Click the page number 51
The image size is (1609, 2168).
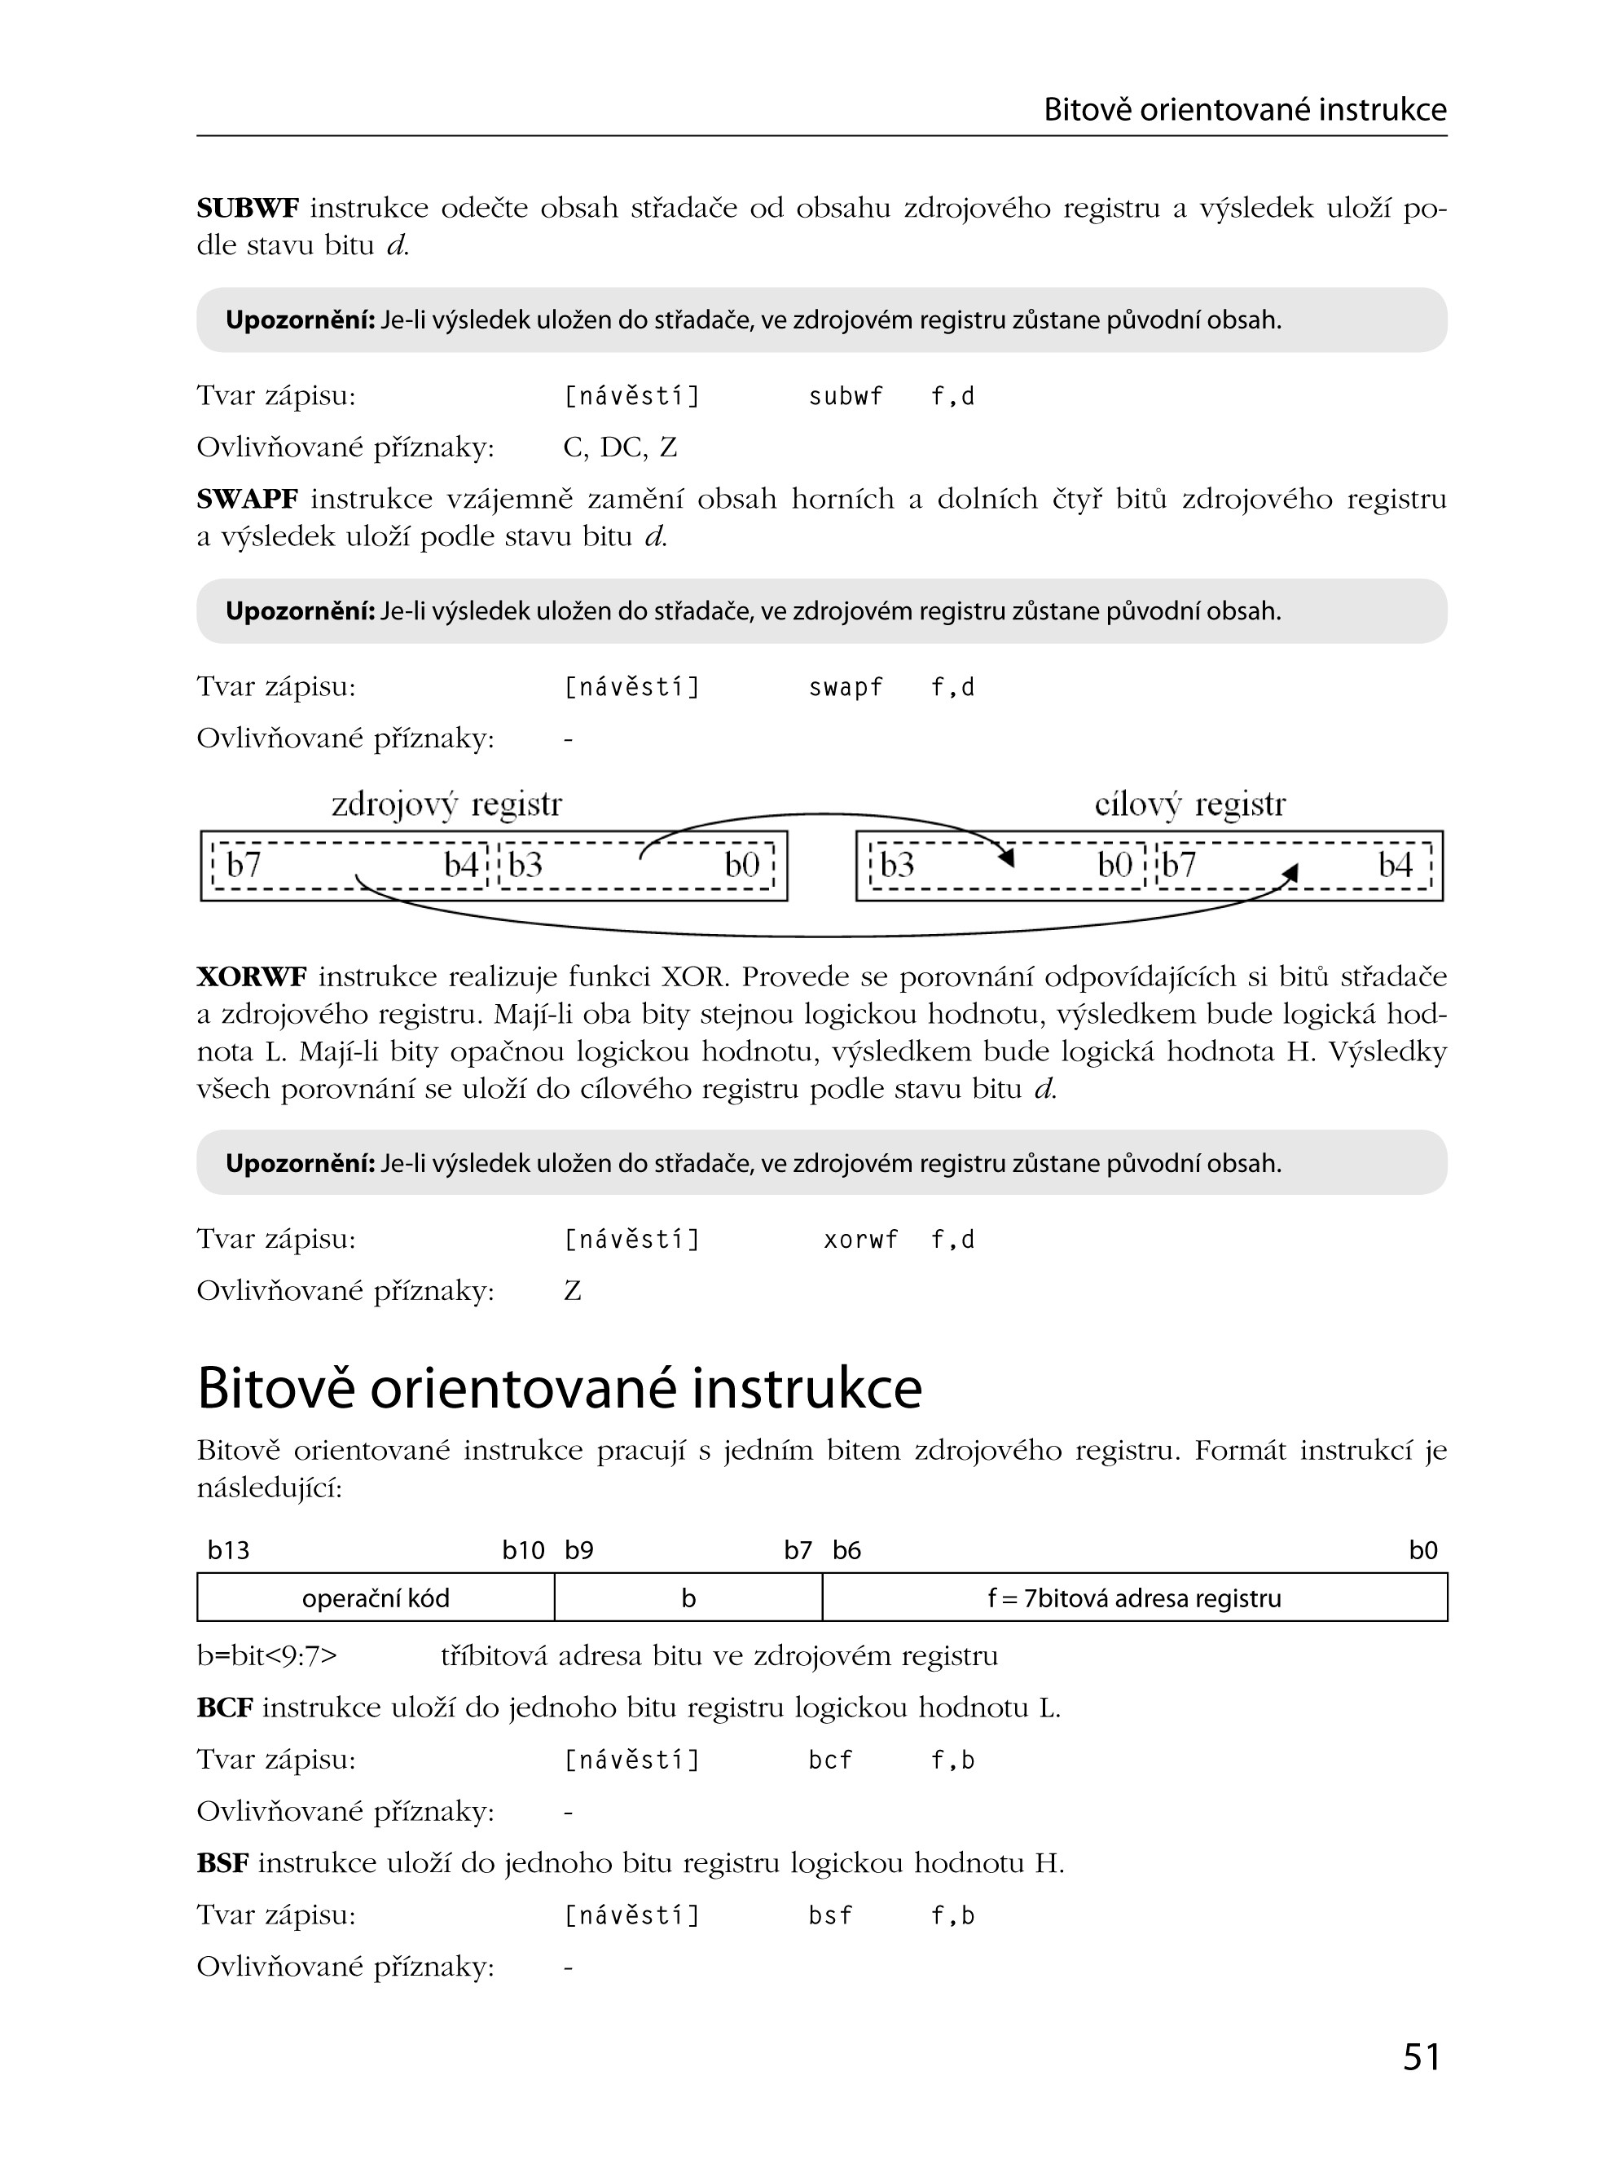1421,2056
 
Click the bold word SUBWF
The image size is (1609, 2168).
248,209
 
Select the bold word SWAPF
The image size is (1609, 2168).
248,500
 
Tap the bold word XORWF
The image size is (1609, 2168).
251,976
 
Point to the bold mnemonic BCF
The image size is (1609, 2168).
225,1708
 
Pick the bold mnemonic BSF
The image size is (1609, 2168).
223,1864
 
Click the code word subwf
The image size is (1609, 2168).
846,397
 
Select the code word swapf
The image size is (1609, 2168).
846,688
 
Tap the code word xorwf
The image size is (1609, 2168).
860,1240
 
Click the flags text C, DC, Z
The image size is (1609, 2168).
619,448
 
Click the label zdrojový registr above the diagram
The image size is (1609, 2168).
446,804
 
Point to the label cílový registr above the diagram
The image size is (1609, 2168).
1189,804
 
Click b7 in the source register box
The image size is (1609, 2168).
244,866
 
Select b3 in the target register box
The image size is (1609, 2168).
897,866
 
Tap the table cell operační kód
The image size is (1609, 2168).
375,1599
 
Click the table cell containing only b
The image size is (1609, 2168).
688,1599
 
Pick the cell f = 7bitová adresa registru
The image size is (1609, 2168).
1134,1599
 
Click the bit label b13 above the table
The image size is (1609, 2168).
229,1551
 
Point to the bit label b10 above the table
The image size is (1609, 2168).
523,1551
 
